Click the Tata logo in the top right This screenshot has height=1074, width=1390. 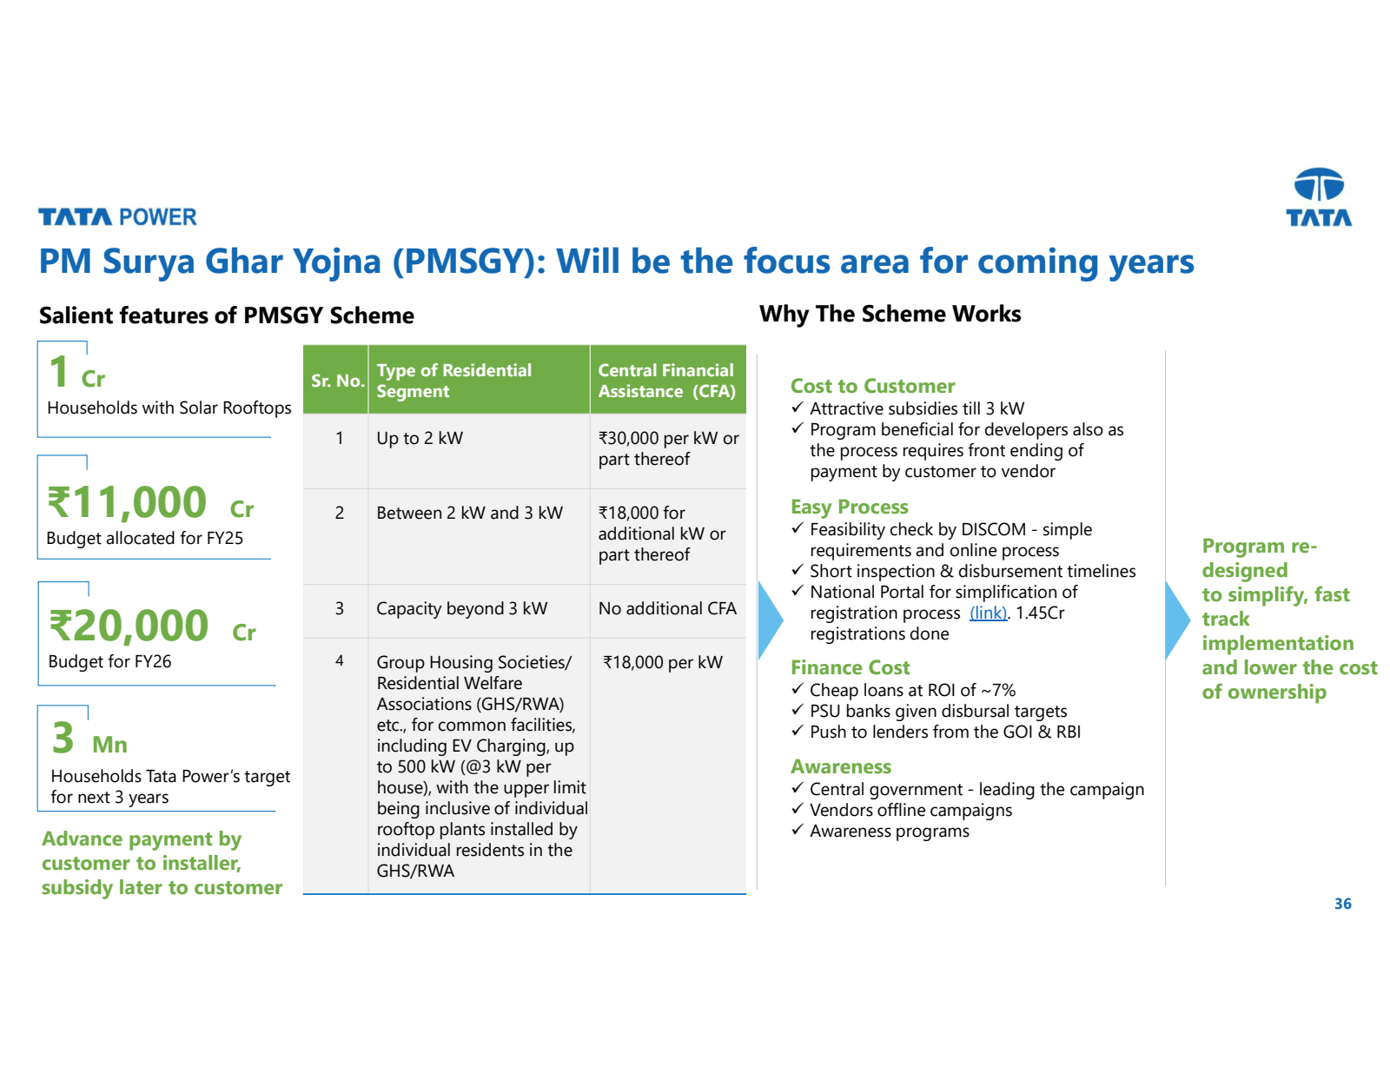[x=1319, y=196]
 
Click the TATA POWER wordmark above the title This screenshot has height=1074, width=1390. [x=117, y=217]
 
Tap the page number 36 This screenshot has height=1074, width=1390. [x=1342, y=904]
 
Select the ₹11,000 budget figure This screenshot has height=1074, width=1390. [x=127, y=503]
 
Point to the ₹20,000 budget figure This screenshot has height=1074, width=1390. [x=129, y=626]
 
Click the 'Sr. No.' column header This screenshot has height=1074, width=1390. [x=337, y=381]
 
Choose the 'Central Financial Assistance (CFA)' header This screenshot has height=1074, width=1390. [x=666, y=381]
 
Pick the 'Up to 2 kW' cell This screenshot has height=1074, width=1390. [x=420, y=438]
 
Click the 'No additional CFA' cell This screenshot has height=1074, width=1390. [x=666, y=608]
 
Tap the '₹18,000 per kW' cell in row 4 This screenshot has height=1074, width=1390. [x=663, y=662]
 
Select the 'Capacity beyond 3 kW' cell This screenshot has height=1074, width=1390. [x=461, y=608]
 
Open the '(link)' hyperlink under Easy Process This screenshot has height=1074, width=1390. [x=988, y=613]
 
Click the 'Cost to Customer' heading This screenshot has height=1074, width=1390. [x=872, y=386]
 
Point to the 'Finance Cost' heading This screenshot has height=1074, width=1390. [x=850, y=667]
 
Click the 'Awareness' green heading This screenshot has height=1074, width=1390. [x=840, y=766]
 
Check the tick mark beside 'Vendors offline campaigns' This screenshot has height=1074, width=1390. [x=797, y=809]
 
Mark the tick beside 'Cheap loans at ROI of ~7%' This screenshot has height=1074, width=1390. [x=797, y=689]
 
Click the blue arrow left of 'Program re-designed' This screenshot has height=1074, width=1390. [x=1176, y=619]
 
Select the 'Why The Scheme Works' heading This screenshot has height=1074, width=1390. [x=890, y=314]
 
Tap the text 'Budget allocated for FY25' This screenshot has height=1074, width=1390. [x=144, y=538]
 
